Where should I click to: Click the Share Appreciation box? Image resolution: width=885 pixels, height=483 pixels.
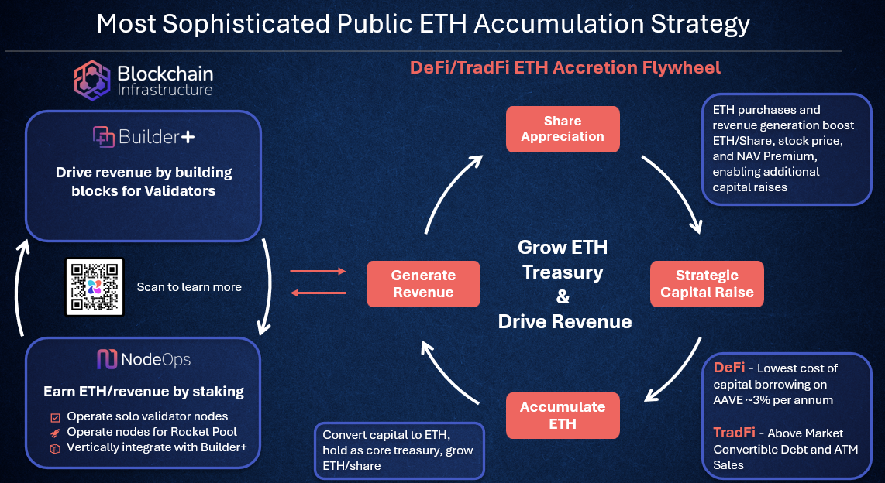point(563,128)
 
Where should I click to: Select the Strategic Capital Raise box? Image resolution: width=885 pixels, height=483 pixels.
point(707,284)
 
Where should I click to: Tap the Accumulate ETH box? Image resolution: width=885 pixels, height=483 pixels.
point(563,415)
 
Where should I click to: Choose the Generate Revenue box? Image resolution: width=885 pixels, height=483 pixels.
point(422,283)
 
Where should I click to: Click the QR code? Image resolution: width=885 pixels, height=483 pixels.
point(95,286)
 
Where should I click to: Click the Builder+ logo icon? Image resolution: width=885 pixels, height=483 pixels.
point(104,137)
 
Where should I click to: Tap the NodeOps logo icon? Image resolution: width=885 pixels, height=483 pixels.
point(106,359)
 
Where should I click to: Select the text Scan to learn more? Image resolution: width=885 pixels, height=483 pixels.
point(189,287)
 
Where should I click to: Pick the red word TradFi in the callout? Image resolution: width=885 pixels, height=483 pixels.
point(734,433)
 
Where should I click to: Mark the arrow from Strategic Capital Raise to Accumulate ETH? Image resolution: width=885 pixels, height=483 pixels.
point(677,375)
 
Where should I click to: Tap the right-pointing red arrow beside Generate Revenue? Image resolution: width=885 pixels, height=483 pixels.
point(318,272)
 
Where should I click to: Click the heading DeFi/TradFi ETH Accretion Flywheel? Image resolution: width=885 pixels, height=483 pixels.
point(565,68)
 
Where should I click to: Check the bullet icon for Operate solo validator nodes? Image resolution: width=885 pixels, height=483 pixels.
point(55,416)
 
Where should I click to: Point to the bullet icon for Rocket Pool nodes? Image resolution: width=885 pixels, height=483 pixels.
point(55,432)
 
